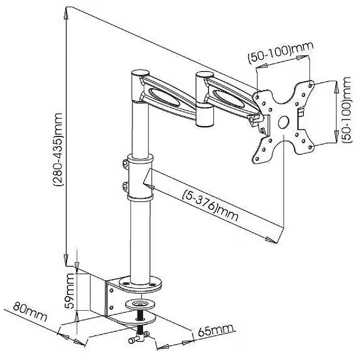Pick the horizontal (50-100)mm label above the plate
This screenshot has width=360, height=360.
click(280, 52)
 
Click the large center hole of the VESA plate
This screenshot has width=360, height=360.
click(284, 122)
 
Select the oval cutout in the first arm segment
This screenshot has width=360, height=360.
click(164, 97)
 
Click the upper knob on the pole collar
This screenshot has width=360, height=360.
click(125, 163)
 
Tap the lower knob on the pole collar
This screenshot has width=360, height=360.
click(125, 186)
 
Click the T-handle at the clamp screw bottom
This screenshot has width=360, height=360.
click(140, 337)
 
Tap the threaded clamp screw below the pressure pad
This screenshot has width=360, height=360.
click(140, 319)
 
